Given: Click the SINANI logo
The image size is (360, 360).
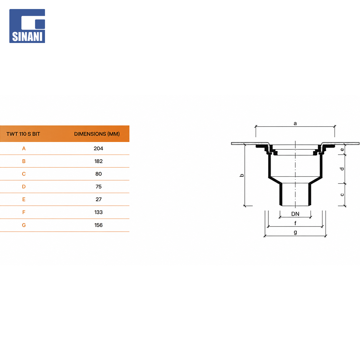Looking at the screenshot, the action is (27, 26).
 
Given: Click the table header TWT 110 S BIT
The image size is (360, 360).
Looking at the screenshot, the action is (23, 134).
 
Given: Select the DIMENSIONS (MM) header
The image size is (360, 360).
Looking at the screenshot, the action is (97, 134).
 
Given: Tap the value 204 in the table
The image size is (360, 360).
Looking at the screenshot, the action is (98, 149).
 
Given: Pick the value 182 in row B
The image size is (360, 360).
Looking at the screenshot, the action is (98, 161).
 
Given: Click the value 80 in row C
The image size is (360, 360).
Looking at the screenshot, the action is (98, 174).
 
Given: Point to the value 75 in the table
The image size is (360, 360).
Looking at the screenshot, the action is (98, 187).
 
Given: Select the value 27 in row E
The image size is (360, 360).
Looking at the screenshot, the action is (98, 199).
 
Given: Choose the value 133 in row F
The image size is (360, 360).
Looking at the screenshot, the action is (98, 212).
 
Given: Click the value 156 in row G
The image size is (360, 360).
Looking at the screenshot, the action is (98, 225).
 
